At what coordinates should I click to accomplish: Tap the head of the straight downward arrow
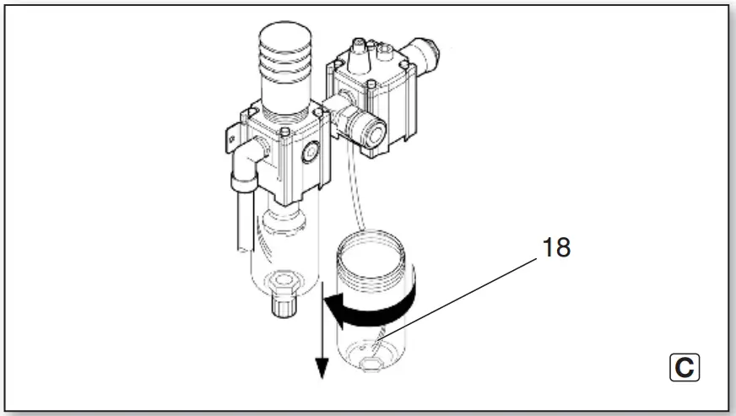320,367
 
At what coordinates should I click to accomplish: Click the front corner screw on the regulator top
287,132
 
